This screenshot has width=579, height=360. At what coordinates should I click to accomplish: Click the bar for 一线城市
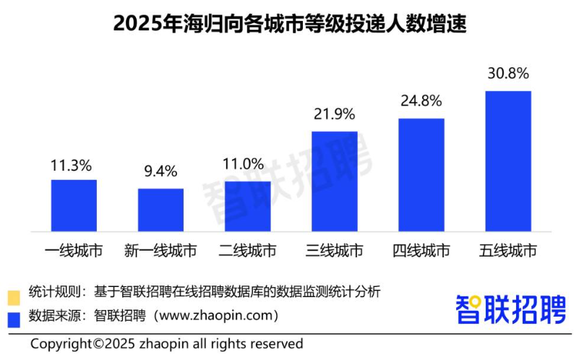tap(74, 205)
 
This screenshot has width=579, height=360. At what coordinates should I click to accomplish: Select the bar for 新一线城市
tap(160, 210)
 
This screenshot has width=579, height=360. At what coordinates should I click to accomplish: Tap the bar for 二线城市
tap(247, 206)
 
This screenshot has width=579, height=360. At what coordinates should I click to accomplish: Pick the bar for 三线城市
tap(334, 181)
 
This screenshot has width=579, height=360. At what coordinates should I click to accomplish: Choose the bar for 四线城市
tap(421, 175)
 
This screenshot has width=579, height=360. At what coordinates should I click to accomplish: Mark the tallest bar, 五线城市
tap(507, 161)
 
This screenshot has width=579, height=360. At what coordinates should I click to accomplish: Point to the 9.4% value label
tap(160, 171)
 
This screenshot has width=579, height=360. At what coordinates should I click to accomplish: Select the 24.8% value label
tap(421, 100)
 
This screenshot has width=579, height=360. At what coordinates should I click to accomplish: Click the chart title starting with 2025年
tap(290, 25)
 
